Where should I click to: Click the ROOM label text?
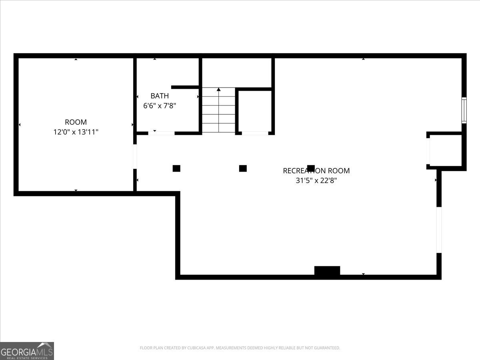point(76,122)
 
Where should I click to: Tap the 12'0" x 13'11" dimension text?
point(76,132)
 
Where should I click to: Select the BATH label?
point(160,96)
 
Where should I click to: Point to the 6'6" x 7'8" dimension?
point(160,106)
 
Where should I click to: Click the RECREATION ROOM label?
point(316,171)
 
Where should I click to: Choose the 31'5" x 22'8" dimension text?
point(316,180)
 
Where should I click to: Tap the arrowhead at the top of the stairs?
point(219,89)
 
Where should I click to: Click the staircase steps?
point(219,110)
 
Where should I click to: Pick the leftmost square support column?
point(176,168)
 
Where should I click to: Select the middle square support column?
point(243,168)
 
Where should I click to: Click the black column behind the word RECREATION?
point(311,168)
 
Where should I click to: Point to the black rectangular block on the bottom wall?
point(327,270)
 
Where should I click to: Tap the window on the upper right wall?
point(464,110)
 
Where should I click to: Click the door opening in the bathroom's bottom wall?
point(161,133)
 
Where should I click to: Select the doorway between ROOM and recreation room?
point(135,156)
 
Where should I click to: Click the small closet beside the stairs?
point(255,111)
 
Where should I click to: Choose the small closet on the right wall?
point(446,150)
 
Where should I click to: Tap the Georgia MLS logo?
point(27,351)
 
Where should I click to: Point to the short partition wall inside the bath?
point(185,87)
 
